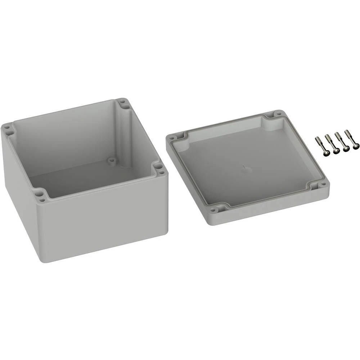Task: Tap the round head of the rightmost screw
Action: tap(356, 146)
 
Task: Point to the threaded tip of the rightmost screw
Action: tap(346, 132)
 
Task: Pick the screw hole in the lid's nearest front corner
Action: tap(213, 210)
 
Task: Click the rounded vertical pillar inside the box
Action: tap(127, 133)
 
